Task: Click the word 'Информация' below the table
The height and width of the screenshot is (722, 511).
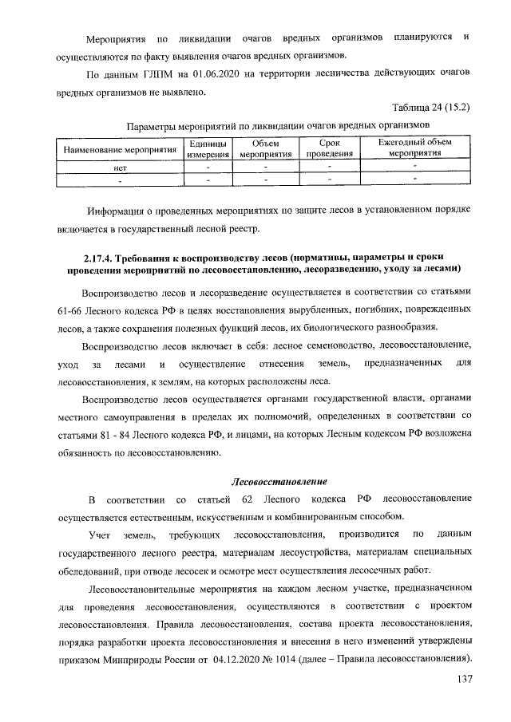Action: (119, 211)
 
